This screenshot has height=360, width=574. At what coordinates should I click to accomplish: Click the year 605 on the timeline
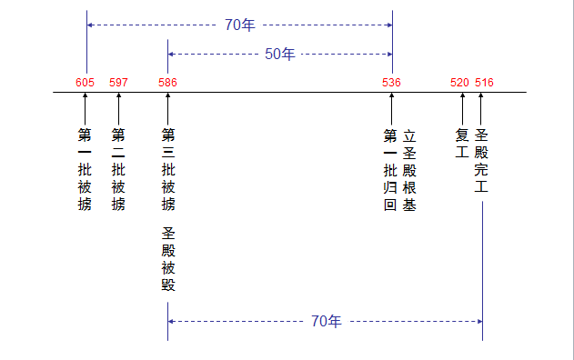tap(85, 83)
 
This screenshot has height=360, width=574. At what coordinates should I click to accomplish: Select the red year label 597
tap(118, 83)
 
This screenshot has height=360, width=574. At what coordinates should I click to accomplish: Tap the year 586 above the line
tap(167, 83)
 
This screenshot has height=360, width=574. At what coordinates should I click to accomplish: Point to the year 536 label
tap(392, 83)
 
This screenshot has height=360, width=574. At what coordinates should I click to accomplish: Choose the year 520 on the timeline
tap(459, 83)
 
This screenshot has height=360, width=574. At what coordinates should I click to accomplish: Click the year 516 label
tap(484, 83)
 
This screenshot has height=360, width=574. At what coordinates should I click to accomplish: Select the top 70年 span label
tap(240, 25)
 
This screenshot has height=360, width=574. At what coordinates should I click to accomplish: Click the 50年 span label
tap(279, 54)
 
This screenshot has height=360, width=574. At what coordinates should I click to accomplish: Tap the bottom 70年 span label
tap(326, 321)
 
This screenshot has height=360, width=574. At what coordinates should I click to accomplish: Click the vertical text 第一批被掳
tap(85, 169)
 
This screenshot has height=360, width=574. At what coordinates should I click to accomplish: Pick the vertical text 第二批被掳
tap(118, 169)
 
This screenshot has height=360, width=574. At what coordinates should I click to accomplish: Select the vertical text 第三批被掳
tap(167, 169)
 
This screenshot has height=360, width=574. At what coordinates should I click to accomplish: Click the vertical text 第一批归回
tap(390, 169)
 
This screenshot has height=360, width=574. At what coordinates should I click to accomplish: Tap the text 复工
tap(461, 143)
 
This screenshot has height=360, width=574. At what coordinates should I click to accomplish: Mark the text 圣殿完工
tap(481, 160)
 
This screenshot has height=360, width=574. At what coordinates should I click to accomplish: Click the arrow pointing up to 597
tap(118, 108)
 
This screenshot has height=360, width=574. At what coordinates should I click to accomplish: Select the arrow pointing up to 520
tap(462, 108)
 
